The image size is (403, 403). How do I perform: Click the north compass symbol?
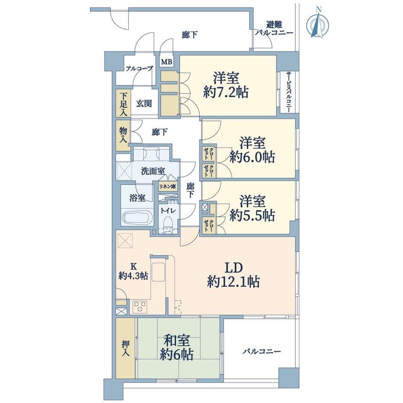click(318, 24)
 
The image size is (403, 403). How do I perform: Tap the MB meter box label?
click(166, 62)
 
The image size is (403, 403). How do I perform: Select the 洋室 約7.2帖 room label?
click(226, 85)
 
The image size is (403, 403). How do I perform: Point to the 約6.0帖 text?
click(252, 157)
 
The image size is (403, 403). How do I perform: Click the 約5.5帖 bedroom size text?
click(252, 216)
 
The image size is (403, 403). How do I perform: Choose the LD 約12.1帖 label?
click(233, 275)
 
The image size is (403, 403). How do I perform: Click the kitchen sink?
click(158, 272)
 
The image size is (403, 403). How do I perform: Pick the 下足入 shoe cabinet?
click(124, 103)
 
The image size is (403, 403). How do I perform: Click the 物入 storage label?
click(124, 135)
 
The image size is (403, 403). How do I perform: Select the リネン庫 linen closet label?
click(167, 187)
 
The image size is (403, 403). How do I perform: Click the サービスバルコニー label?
click(288, 92)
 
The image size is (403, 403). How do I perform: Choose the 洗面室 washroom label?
click(153, 171)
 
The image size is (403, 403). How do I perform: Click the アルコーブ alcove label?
click(139, 69)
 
